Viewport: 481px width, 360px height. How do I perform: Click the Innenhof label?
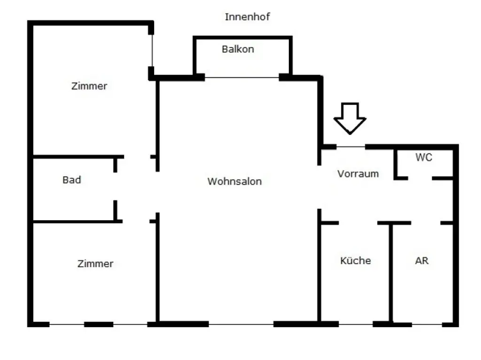[247, 16]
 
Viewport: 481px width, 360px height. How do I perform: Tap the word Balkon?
[238, 49]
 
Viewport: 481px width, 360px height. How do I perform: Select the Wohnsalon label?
[234, 181]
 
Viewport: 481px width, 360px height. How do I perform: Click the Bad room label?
[72, 180]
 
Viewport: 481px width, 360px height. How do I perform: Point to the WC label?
[424, 157]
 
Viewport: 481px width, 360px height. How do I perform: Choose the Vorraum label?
[358, 174]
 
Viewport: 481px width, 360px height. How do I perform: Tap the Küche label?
[356, 260]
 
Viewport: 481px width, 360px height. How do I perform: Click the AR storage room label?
[421, 260]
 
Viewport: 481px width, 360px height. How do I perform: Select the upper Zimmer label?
[89, 86]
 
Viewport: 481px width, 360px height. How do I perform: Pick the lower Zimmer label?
[95, 264]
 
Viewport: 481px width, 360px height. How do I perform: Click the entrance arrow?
[349, 119]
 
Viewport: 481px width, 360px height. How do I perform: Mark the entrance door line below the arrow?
[350, 147]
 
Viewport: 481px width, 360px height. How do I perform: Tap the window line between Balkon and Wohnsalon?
[242, 77]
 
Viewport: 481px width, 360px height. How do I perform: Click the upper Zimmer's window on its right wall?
[152, 51]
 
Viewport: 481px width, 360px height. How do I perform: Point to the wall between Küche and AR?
[391, 273]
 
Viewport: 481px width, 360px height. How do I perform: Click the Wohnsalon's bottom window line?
[241, 324]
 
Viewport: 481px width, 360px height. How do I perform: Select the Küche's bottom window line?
[356, 324]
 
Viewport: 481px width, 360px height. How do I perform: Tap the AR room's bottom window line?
[427, 324]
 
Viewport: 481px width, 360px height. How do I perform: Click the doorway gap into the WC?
[420, 178]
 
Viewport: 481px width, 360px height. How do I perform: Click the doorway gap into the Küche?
[358, 223]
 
